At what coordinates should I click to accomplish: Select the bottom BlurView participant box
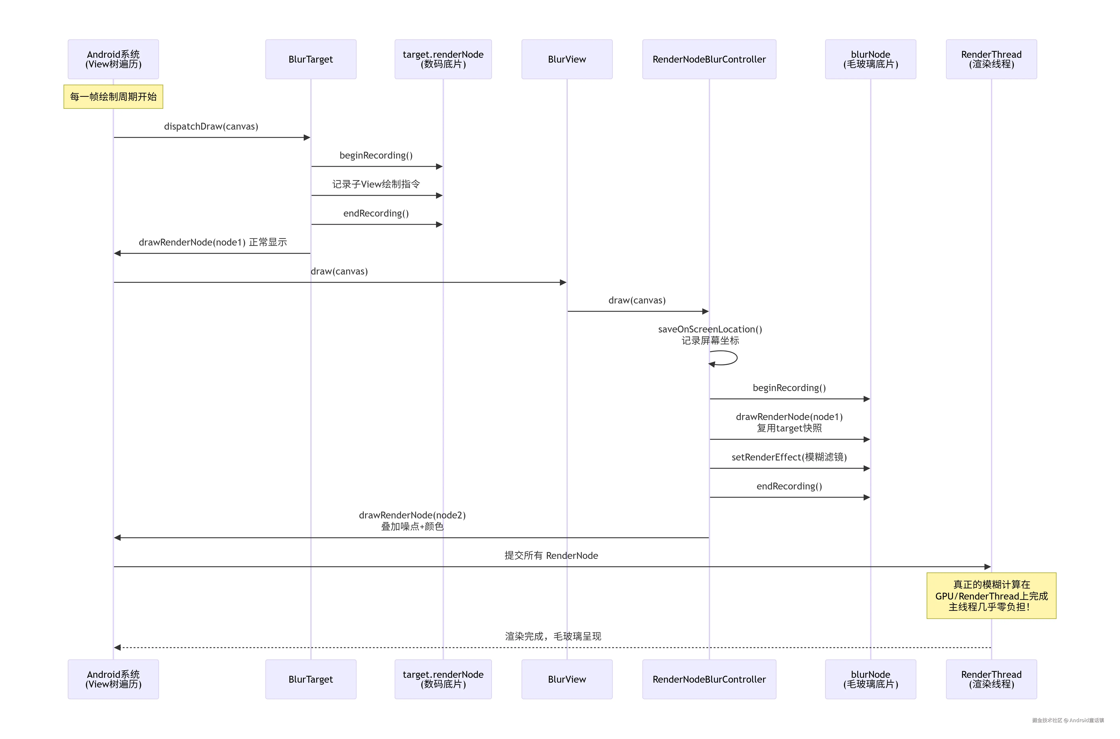pyautogui.click(x=567, y=679)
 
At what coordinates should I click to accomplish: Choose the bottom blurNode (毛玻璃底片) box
pyautogui.click(x=870, y=679)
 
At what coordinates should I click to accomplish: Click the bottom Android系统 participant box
pyautogui.click(x=113, y=679)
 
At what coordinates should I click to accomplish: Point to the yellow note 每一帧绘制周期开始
pyautogui.click(x=113, y=97)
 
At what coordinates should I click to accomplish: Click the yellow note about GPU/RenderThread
pyautogui.click(x=991, y=596)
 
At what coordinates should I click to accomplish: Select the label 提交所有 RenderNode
pyautogui.click(x=551, y=556)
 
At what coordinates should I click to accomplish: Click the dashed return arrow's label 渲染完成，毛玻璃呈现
pyautogui.click(x=553, y=636)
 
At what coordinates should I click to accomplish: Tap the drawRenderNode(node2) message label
pyautogui.click(x=412, y=515)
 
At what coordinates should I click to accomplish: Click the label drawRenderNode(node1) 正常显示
pyautogui.click(x=213, y=242)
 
